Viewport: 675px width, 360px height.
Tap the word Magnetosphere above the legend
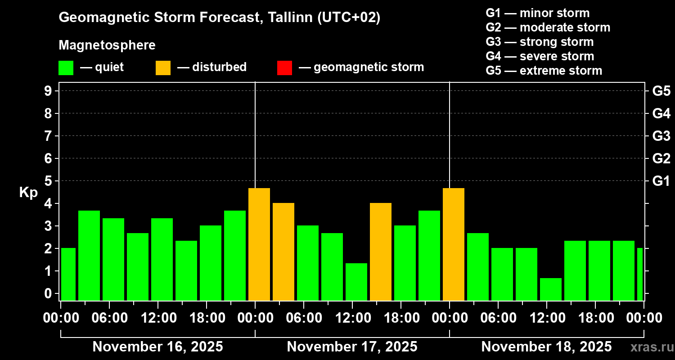[x=107, y=45]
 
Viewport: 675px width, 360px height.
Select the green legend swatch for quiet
[x=66, y=68]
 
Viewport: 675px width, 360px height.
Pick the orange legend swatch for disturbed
[x=163, y=68]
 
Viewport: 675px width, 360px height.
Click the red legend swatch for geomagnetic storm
[x=284, y=68]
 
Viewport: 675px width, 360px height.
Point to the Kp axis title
[x=28, y=192]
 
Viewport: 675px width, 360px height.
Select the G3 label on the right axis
[x=661, y=136]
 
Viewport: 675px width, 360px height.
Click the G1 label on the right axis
[x=661, y=181]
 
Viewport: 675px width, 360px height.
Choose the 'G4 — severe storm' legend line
[x=540, y=56]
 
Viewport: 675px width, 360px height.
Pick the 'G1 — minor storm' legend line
[x=538, y=13]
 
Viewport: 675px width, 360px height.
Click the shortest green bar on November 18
[x=551, y=289]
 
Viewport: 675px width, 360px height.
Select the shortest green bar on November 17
[x=356, y=282]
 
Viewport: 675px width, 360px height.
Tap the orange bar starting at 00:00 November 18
[x=454, y=244]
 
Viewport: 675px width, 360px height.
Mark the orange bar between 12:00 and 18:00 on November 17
[x=381, y=252]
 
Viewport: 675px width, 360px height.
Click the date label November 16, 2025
[x=157, y=347]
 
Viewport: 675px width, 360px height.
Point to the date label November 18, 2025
[x=546, y=347]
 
